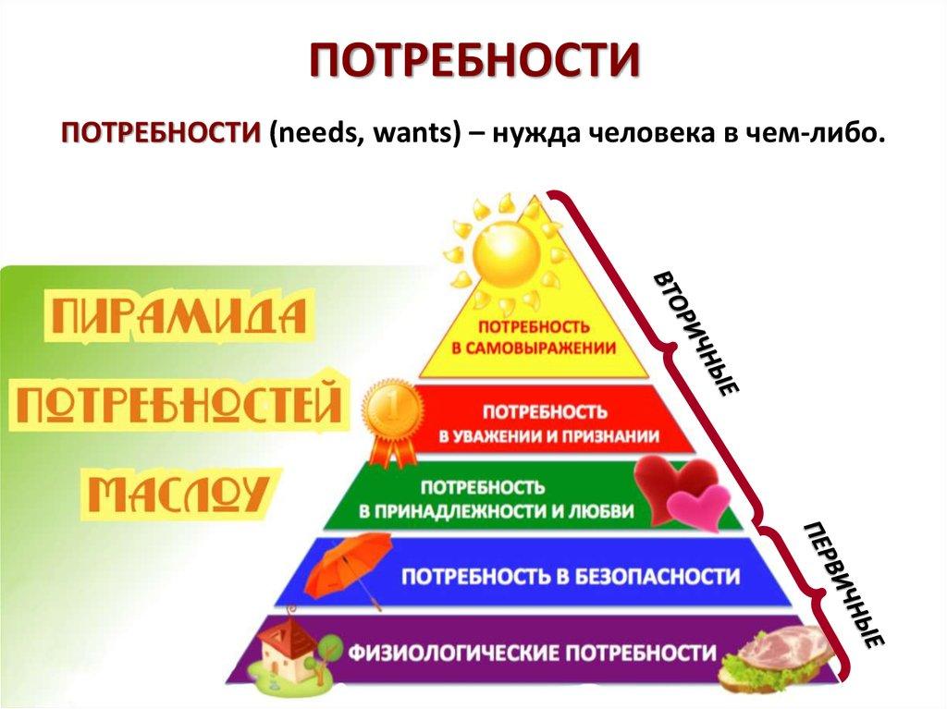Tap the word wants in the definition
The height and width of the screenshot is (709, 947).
tap(410, 134)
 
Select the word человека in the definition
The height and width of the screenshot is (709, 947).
tap(623, 134)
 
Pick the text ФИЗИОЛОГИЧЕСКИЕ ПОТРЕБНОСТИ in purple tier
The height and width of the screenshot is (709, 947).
tap(532, 653)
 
